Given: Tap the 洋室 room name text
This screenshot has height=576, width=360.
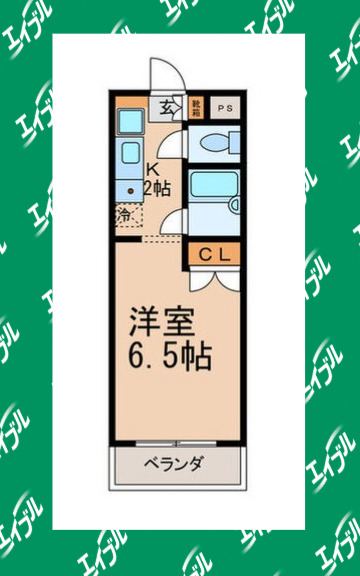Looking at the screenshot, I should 152,324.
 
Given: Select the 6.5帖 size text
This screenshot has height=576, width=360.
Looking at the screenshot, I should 169,355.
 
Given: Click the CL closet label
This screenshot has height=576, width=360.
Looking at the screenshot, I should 211,255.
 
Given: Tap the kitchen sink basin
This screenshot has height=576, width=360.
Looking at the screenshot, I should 129,123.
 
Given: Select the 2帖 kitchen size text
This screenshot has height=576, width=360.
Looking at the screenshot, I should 156,187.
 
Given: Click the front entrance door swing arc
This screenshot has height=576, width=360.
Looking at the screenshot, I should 163,74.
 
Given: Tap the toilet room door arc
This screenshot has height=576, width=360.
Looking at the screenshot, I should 174,144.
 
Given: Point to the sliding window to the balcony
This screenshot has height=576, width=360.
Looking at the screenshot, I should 174,442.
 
